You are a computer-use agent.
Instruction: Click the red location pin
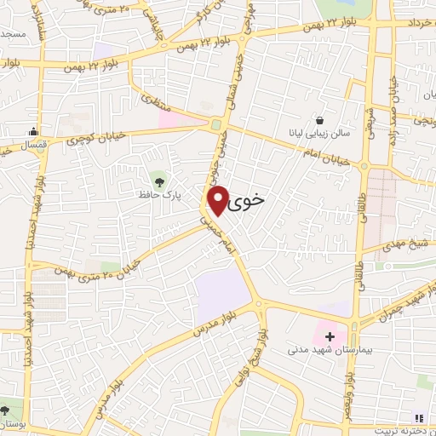point(219,199)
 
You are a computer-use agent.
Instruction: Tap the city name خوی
point(248,197)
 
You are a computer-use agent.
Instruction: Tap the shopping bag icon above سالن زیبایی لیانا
point(319,120)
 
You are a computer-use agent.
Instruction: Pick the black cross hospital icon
point(330,336)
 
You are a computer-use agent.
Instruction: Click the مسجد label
point(13,33)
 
